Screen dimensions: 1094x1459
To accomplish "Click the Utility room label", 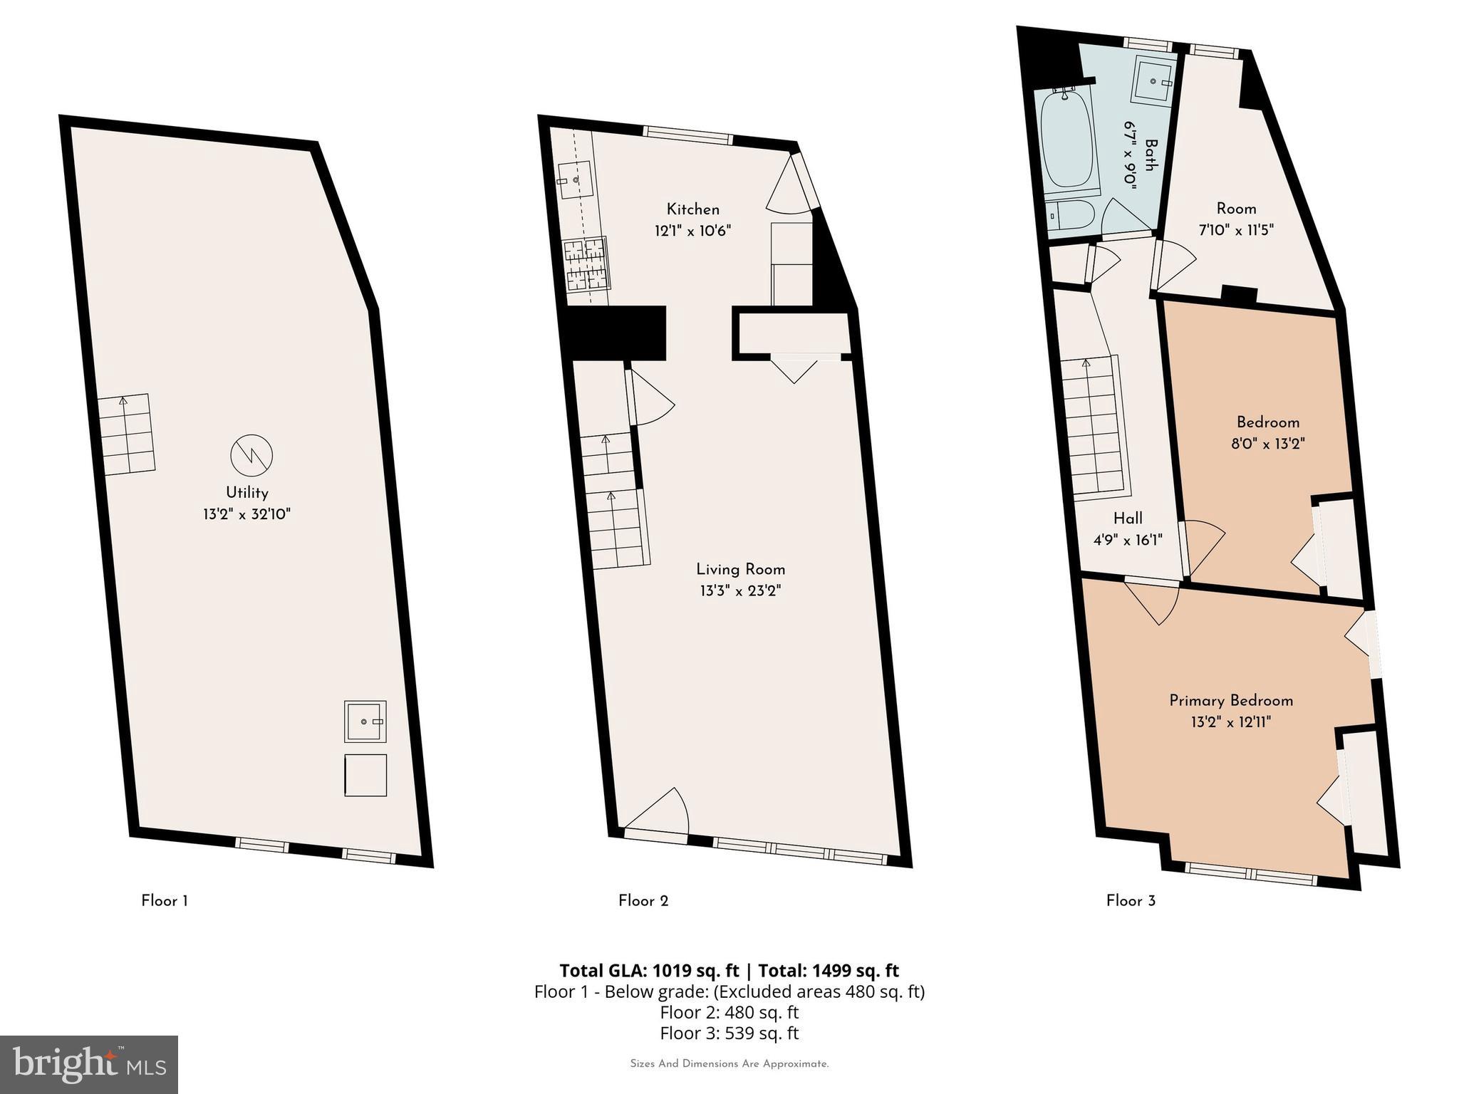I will [x=246, y=493].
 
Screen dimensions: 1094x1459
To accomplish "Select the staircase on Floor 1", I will [x=127, y=434].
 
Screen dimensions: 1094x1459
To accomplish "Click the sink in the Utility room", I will [x=365, y=721].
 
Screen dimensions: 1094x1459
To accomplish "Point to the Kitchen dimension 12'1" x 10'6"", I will [x=692, y=231].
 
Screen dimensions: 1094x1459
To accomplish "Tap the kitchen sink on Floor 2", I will [x=576, y=181].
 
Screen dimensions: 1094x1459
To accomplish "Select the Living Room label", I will [x=740, y=569].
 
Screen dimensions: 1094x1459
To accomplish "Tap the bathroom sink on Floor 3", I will [x=1153, y=81].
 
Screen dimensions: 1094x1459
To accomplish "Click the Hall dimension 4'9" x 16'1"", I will [x=1128, y=540].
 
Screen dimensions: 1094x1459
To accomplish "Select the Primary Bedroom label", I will [x=1230, y=701].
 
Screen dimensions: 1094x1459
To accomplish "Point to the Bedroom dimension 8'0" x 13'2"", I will [x=1267, y=444].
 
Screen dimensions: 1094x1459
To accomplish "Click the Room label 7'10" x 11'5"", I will [x=1235, y=209].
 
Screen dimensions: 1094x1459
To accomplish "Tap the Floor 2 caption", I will [x=643, y=901].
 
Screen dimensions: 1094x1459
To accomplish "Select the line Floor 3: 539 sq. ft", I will [x=729, y=1033].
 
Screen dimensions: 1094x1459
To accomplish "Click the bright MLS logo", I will [x=88, y=1065].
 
